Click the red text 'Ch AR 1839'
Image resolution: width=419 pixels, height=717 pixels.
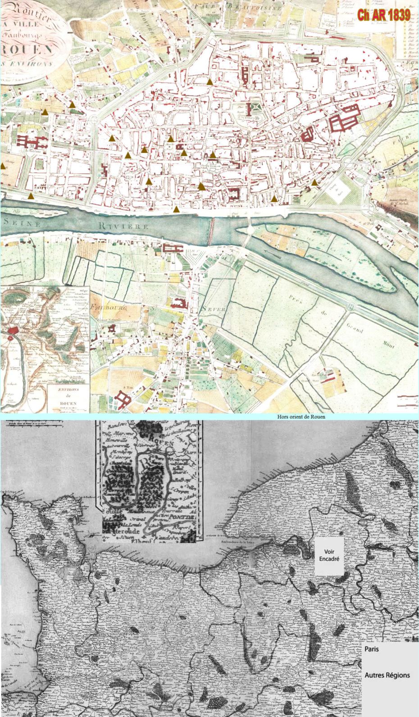point(383,14)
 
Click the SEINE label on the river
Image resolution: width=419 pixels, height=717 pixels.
point(23,223)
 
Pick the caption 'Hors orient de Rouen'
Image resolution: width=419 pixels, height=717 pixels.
point(301,416)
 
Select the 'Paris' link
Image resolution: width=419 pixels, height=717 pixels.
point(372,649)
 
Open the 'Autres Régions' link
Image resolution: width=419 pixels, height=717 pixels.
point(387,675)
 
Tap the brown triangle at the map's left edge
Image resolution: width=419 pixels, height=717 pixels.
point(3,166)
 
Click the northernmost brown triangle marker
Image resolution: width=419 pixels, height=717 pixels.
point(209,82)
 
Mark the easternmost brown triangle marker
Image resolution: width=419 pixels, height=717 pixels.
point(314,182)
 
